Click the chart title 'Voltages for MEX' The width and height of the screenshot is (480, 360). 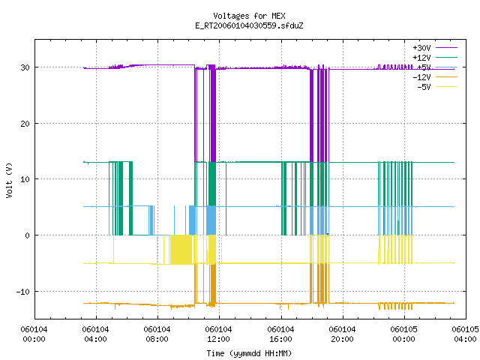249,16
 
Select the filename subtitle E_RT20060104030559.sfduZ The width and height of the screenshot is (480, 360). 249,25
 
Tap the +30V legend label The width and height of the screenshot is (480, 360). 421,48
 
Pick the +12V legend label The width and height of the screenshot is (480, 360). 421,58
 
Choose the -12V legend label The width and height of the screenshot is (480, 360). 421,77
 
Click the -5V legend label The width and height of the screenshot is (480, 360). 424,87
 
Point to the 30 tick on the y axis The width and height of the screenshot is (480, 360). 25,67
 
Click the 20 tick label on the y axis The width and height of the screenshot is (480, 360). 25,124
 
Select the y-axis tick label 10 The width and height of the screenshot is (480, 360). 25,179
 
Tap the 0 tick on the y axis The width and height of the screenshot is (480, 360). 27,235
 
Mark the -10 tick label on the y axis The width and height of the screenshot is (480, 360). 23,292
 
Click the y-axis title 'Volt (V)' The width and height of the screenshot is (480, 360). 9,180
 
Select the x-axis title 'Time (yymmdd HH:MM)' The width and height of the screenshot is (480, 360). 249,353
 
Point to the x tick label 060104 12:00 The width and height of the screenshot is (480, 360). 218,334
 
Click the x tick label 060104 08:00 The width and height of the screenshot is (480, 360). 157,334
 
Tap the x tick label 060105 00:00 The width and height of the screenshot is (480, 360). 403,334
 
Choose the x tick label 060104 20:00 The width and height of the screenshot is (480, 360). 342,334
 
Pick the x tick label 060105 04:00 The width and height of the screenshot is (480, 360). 465,334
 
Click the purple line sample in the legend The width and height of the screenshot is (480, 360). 446,48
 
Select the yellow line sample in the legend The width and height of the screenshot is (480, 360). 446,87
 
